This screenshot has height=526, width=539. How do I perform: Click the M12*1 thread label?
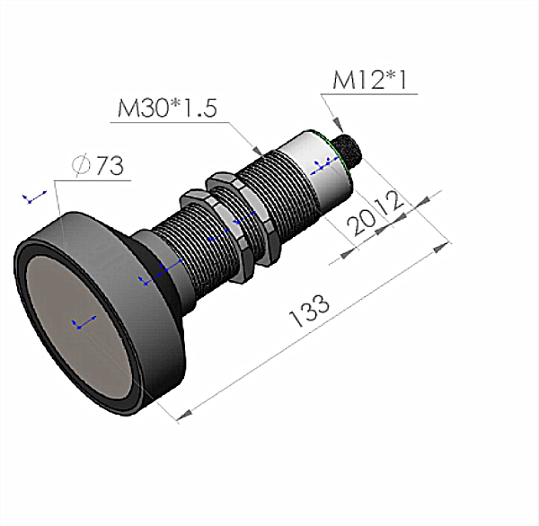tap(369, 81)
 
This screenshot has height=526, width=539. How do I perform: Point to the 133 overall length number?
tap(309, 311)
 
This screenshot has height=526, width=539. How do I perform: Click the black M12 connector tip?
tap(345, 153)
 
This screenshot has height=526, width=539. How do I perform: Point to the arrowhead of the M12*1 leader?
tap(334, 127)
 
